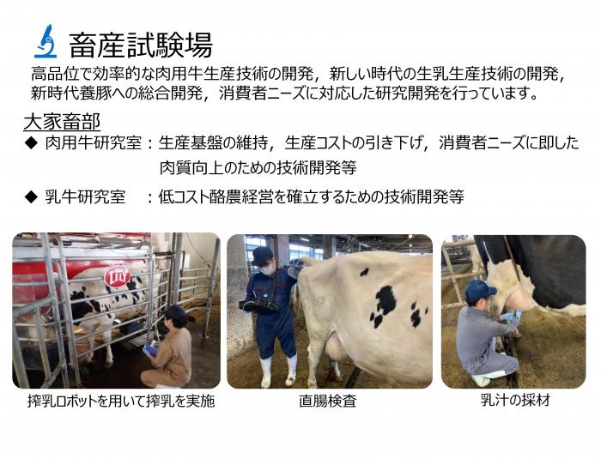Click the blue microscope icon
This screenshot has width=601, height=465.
click(46, 41)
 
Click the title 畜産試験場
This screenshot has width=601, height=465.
click(141, 45)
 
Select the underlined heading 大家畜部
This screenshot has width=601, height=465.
click(62, 122)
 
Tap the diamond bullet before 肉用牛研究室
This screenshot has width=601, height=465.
click(31, 143)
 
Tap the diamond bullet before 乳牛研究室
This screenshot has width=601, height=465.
click(31, 196)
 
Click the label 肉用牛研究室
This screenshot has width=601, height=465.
click(94, 143)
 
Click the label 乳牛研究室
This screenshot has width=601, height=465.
click(86, 196)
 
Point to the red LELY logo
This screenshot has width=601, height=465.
click(118, 276)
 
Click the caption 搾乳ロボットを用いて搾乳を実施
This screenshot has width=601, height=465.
click(121, 401)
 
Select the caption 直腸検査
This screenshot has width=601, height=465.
click(328, 401)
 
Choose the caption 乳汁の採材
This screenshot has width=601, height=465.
click(515, 400)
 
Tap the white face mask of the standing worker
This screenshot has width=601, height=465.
click(268, 270)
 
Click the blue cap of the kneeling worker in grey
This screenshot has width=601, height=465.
click(479, 289)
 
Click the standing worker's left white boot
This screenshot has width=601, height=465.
click(266, 371)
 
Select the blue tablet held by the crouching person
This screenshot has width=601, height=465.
click(150, 348)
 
